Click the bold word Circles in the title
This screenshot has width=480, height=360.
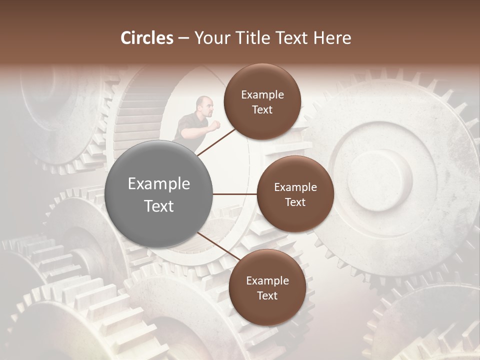(147, 38)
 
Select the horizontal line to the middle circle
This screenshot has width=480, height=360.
(235, 194)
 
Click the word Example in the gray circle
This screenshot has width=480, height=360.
(159, 184)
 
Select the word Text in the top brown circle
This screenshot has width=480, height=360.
(262, 109)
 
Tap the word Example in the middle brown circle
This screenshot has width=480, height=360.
(295, 187)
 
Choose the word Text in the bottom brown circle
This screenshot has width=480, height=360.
(267, 295)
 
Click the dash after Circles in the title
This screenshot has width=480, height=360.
(183, 38)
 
